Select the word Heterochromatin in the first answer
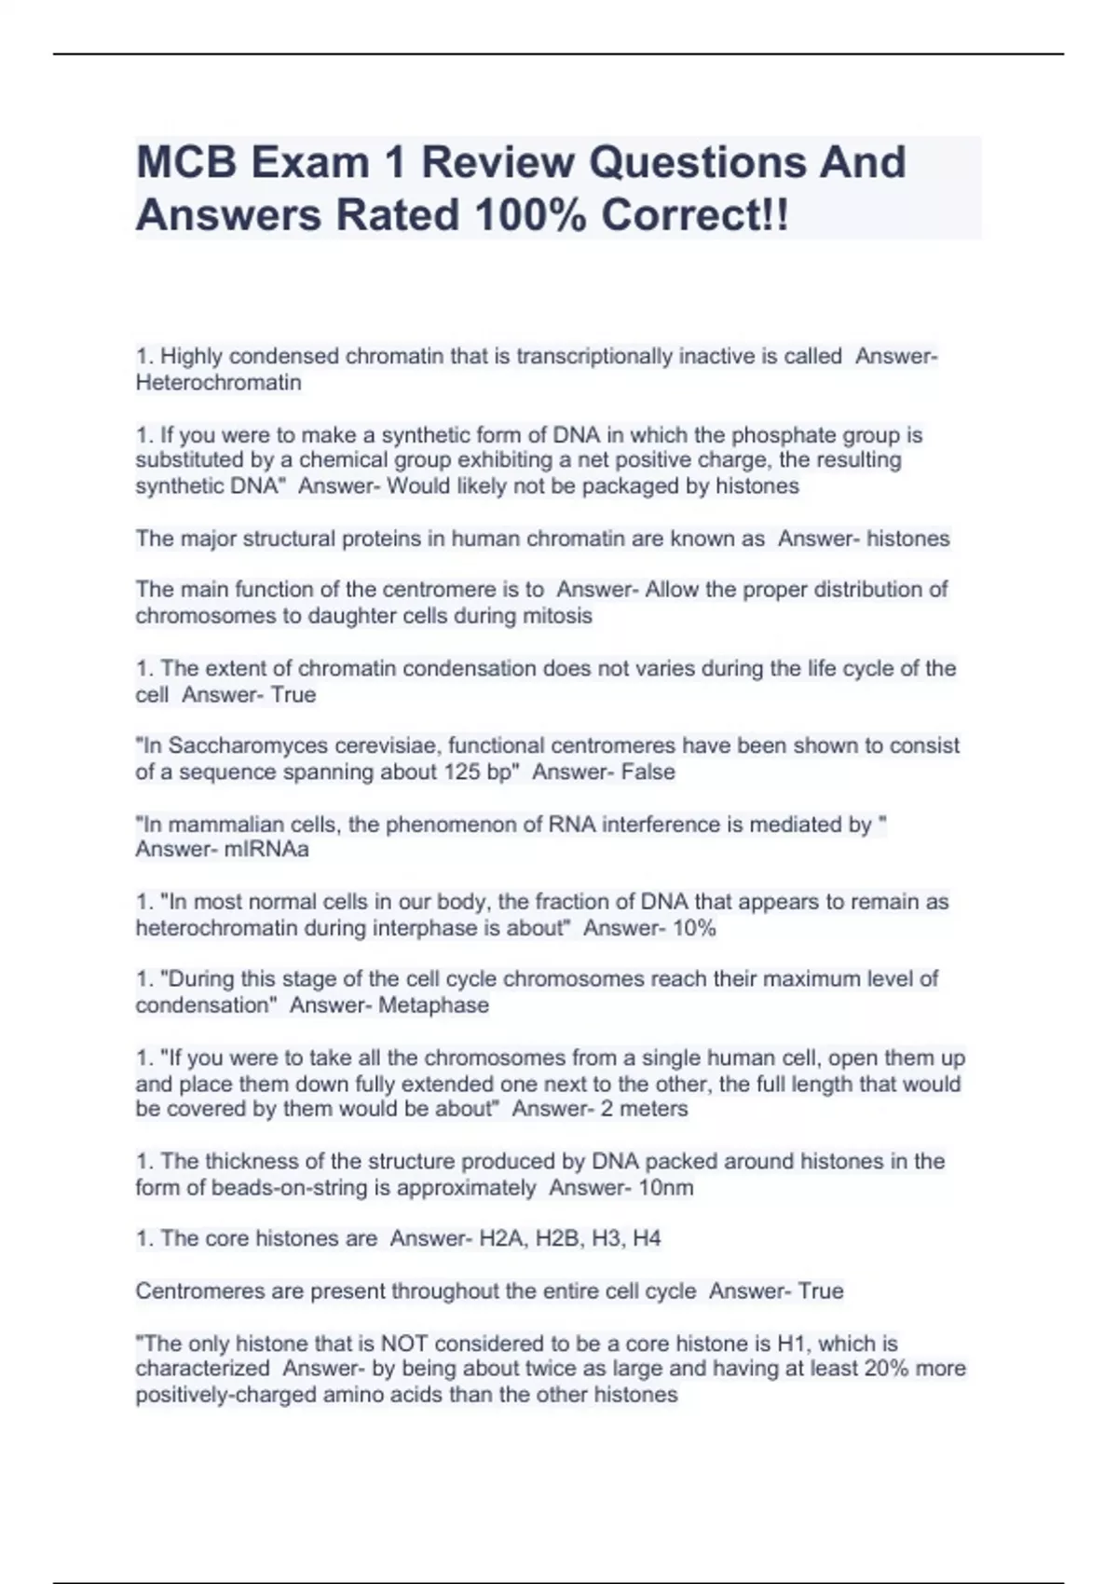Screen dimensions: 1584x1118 (x=218, y=383)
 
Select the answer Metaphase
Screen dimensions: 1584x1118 (x=433, y=1005)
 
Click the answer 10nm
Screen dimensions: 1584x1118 (x=660, y=1188)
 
